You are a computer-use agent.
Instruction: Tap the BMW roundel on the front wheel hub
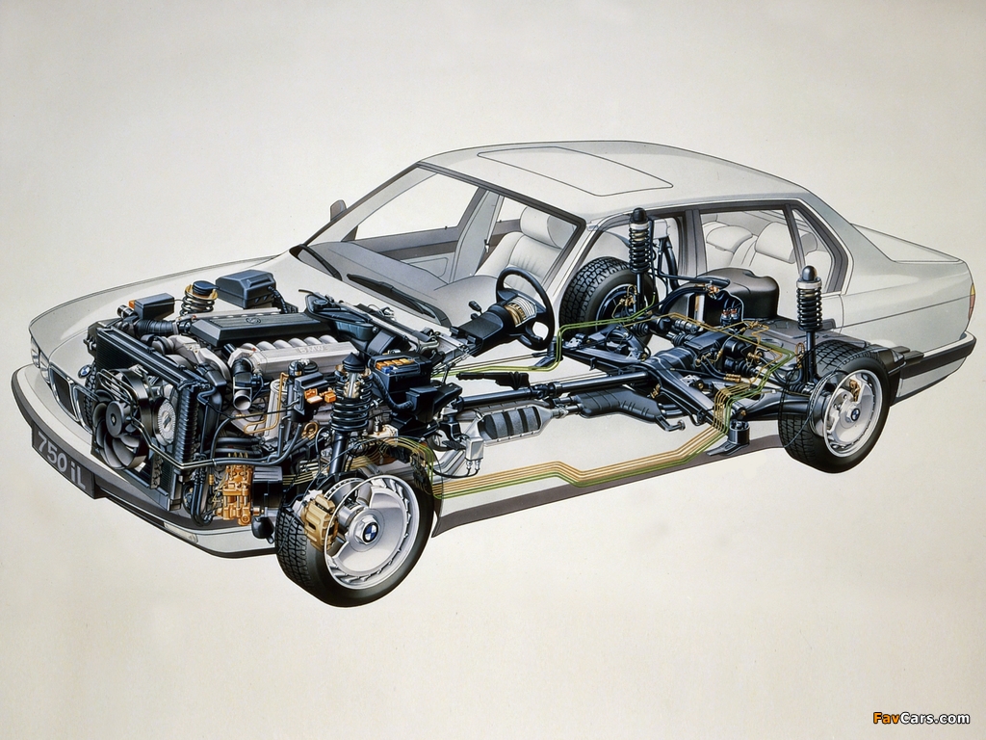[x=370, y=531]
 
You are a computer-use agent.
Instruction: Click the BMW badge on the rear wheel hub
[x=855, y=414]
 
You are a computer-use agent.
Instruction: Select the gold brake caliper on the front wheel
[x=319, y=515]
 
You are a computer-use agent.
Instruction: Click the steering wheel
[x=525, y=308]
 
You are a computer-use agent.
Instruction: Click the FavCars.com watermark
[x=921, y=717]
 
